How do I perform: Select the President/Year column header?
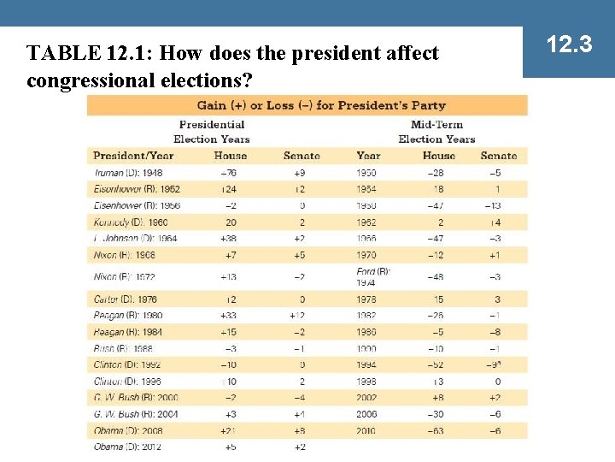[x=133, y=156]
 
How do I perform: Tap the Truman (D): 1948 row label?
[x=128, y=173]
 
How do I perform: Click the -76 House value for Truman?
[x=229, y=173]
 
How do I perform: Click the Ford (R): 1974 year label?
[x=372, y=276]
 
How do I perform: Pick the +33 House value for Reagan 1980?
[x=229, y=316]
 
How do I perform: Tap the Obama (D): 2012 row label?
[x=127, y=447]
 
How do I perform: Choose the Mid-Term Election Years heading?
[x=436, y=132]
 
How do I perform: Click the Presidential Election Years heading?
[x=212, y=132]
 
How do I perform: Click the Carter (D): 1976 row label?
[x=126, y=299]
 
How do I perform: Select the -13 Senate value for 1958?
[x=493, y=206]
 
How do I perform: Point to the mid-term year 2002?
[x=367, y=398]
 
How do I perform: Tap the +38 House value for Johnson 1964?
[x=229, y=239]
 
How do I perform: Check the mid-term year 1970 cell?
[x=367, y=255]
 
